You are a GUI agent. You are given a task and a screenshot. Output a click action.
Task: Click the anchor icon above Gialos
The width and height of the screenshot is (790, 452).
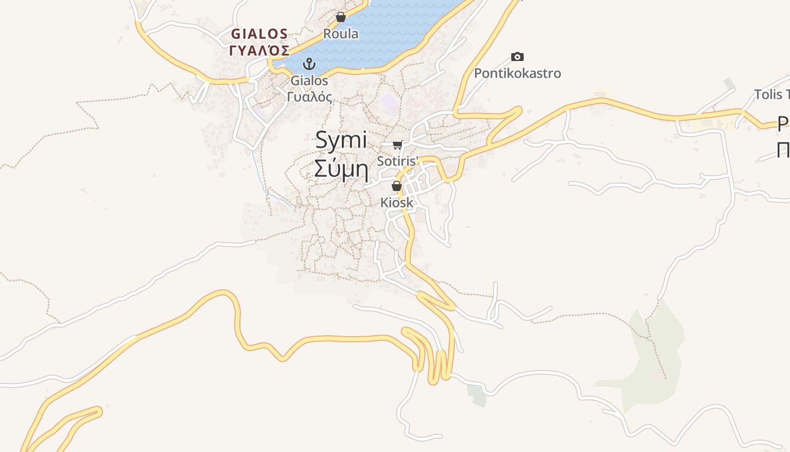pyautogui.click(x=309, y=64)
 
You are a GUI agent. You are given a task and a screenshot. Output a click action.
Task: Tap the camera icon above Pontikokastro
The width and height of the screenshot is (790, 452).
pyautogui.click(x=517, y=56)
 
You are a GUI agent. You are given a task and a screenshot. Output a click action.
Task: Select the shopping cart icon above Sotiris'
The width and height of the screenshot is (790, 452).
pyautogui.click(x=398, y=145)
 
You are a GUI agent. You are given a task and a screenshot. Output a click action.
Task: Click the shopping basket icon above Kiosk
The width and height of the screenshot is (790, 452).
pyautogui.click(x=397, y=186)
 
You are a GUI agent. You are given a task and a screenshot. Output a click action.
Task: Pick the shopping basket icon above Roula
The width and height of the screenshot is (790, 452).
pyautogui.click(x=340, y=18)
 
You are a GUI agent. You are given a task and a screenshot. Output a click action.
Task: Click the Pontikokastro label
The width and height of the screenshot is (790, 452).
pyautogui.click(x=517, y=73)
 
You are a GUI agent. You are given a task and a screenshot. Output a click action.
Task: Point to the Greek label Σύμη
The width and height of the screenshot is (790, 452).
pyautogui.click(x=341, y=168)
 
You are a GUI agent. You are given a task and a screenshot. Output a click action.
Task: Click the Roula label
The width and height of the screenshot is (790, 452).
pyautogui.click(x=340, y=34)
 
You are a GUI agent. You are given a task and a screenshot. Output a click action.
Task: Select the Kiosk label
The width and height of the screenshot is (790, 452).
pyautogui.click(x=397, y=202)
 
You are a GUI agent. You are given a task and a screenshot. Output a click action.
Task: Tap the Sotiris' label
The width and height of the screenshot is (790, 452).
pyautogui.click(x=398, y=161)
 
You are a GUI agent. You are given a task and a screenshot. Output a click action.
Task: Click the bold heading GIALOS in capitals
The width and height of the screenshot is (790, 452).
pyautogui.click(x=259, y=34)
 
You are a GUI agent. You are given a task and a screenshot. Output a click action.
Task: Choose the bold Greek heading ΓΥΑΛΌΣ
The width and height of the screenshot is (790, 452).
pyautogui.click(x=260, y=50)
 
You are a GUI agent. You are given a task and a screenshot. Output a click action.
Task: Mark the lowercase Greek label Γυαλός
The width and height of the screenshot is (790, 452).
pyautogui.click(x=309, y=97)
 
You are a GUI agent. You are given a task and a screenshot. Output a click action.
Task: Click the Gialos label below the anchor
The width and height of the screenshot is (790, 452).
pyautogui.click(x=309, y=81)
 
